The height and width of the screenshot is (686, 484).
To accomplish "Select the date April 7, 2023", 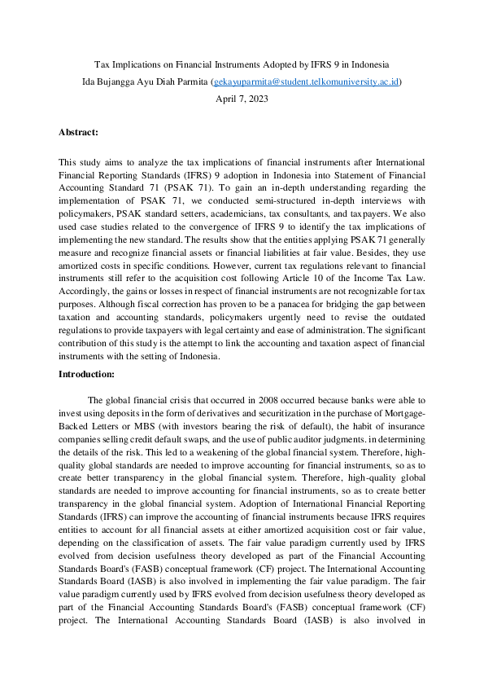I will point(242,99).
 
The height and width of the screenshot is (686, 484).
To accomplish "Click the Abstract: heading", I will point(78,131).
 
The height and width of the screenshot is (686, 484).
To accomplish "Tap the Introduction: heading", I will point(86,374).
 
